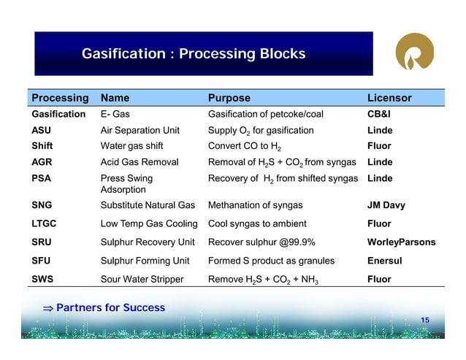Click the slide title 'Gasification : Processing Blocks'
[x=193, y=55]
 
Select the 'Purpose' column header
[x=229, y=98]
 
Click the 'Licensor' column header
[x=389, y=98]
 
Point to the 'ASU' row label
[x=42, y=130]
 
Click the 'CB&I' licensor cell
[x=381, y=114]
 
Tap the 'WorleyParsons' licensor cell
[x=401, y=242]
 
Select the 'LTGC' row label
[x=45, y=223]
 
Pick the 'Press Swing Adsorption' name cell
[x=126, y=183]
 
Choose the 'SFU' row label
[x=42, y=261]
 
